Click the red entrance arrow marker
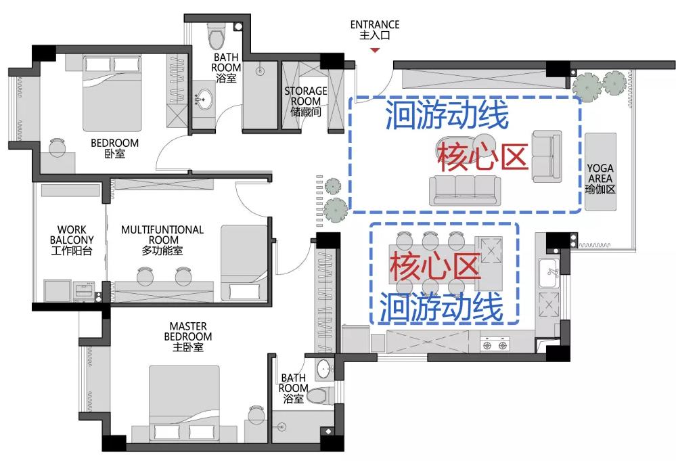pos(375,51)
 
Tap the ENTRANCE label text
pos(375,25)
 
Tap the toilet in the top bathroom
pos(217,35)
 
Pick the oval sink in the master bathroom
pos(323,370)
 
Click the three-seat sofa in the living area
pos(465,190)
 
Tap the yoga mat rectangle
pos(600,172)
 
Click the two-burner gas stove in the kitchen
pos(495,345)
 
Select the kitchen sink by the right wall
pos(549,273)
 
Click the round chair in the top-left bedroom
pos(56,148)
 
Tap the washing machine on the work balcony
pos(85,291)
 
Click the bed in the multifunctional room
pos(244,263)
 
